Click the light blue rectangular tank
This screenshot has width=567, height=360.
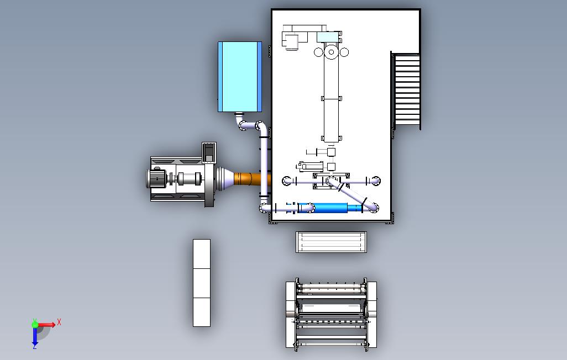(240, 76)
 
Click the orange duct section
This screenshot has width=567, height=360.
(251, 179)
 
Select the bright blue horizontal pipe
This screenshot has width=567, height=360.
(330, 208)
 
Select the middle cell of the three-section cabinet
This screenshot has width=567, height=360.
(202, 283)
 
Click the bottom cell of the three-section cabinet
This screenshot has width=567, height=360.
(202, 312)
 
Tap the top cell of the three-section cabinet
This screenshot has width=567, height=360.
(202, 254)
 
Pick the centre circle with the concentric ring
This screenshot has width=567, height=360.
(332, 52)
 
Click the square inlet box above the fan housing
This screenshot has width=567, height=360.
(209, 152)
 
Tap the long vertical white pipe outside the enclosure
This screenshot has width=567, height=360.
(264, 166)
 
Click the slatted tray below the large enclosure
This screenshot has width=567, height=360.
(332, 242)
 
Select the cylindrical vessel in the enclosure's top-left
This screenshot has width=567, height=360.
(291, 41)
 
